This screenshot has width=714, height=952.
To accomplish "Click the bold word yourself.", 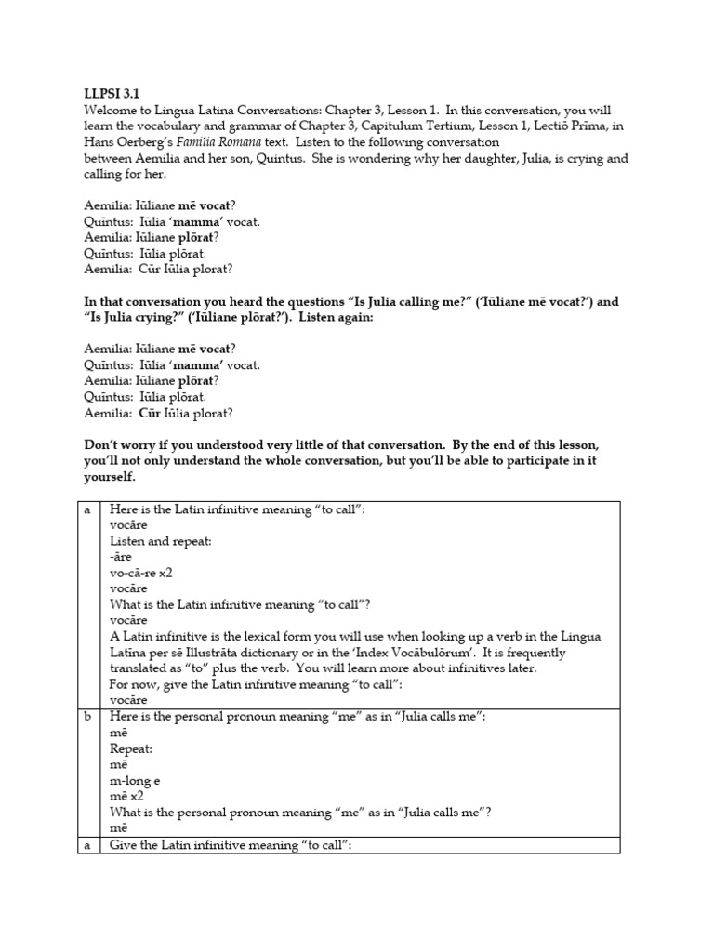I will (x=109, y=477).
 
